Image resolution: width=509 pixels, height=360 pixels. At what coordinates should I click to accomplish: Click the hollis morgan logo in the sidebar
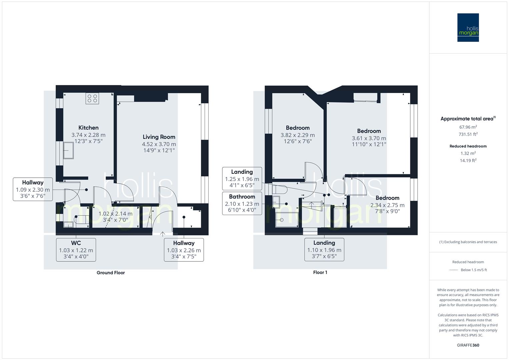pos(468,27)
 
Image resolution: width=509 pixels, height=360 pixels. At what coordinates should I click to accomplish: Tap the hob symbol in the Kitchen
pos(92,98)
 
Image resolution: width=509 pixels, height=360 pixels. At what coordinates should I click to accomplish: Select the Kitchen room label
pos(88,128)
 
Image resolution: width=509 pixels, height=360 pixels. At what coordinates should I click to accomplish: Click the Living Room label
pos(159,137)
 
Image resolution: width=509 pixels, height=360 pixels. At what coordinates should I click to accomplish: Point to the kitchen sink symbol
pos(68,150)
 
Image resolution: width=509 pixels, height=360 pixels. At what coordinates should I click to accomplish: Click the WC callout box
pos(76,250)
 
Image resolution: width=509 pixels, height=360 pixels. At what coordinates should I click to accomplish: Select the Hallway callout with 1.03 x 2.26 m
pos(184,250)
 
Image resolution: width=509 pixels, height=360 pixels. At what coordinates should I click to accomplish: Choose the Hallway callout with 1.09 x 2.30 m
pos(33,189)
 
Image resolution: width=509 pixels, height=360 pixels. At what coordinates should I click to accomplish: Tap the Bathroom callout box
pos(242,203)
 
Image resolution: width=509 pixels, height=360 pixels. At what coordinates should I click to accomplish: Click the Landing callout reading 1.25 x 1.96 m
pos(242,179)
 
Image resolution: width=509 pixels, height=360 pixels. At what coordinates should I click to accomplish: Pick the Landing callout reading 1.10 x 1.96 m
pos(324,250)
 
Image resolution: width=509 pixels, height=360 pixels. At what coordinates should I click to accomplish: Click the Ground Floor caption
pos(111,273)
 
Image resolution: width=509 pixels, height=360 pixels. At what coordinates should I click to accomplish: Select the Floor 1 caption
pos(320,273)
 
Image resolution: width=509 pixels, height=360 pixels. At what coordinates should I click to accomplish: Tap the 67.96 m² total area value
pos(468,127)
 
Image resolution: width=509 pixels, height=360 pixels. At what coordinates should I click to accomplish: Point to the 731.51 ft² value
pos(468,134)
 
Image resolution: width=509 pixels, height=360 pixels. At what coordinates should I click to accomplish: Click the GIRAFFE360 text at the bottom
pos(468,345)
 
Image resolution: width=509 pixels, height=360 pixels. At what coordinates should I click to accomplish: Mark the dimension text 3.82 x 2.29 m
pos(297,135)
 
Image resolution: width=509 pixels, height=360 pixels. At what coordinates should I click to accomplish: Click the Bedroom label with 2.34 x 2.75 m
pos(387,198)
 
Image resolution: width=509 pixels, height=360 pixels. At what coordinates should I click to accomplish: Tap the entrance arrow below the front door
pos(163,234)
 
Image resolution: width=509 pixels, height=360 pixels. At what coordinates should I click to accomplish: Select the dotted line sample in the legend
pos(453,270)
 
